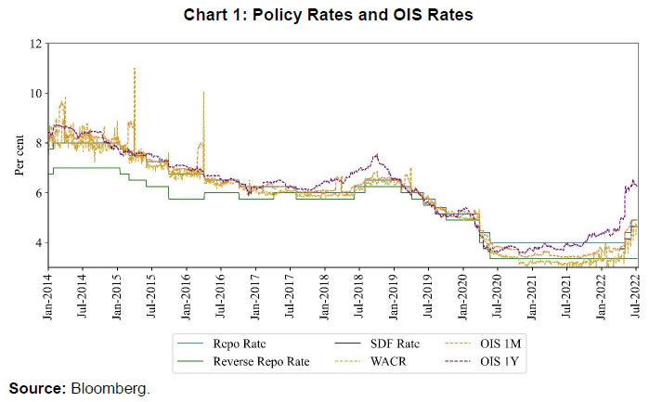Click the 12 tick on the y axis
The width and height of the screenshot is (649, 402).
[x=35, y=44]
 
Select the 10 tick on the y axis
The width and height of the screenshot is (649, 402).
[x=35, y=94]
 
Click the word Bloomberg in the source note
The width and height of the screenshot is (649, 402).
[x=110, y=389]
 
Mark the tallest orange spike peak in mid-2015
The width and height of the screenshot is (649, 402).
[x=136, y=68]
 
